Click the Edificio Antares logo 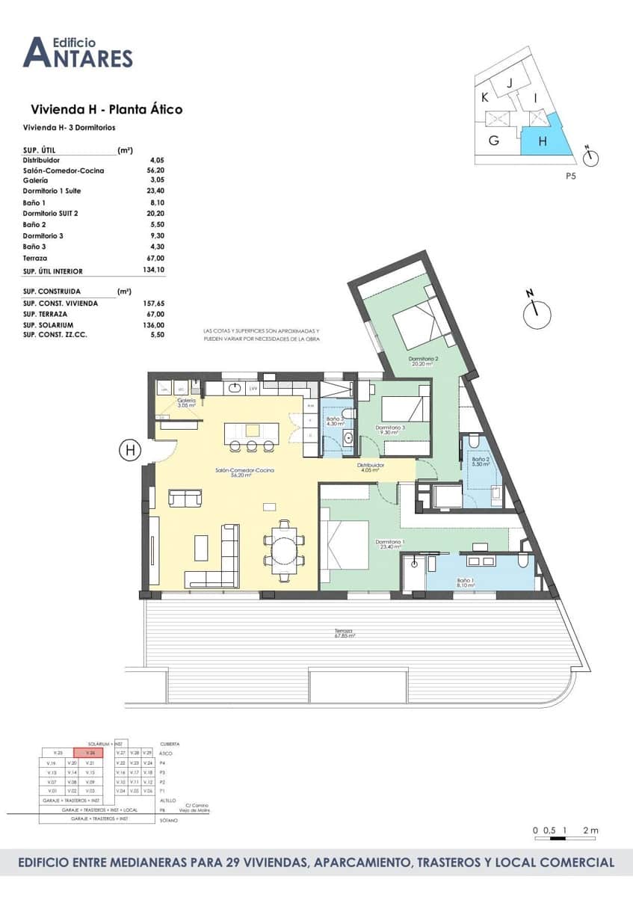point(78,52)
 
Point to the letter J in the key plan point(510,84)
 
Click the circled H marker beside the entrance point(131,450)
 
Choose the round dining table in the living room point(284,552)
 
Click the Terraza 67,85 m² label point(345,634)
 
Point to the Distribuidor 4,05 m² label point(371,468)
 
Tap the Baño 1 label point(466,582)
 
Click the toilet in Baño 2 point(497,492)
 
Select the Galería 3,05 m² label point(185,404)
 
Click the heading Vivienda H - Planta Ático point(106,110)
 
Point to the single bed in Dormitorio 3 point(404,409)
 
